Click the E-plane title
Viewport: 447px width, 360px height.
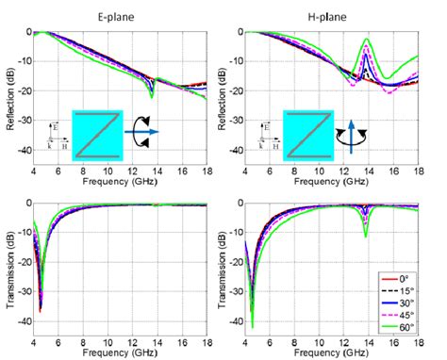(127, 16)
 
